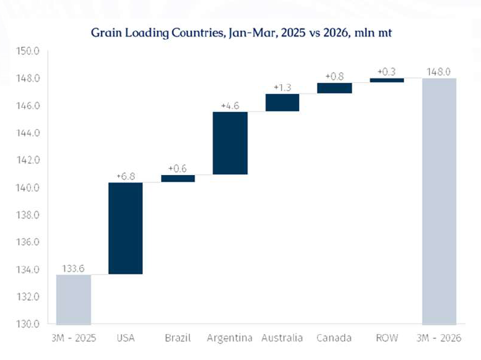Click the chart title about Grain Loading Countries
click(241, 32)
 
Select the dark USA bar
click(125, 228)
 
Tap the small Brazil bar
click(178, 178)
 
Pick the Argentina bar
click(230, 143)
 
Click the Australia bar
click(282, 103)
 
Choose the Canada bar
click(334, 88)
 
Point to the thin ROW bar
click(386, 80)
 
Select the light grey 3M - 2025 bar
click(73, 299)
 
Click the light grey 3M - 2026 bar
click(439, 201)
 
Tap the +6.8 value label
click(125, 176)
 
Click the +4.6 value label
click(230, 106)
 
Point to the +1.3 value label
click(282, 88)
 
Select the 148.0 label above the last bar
click(439, 72)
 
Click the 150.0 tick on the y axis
click(28, 51)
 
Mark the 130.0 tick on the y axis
click(28, 324)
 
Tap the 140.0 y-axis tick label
click(28, 187)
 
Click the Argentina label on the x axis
click(230, 338)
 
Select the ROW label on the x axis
click(386, 338)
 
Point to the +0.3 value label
click(386, 72)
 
